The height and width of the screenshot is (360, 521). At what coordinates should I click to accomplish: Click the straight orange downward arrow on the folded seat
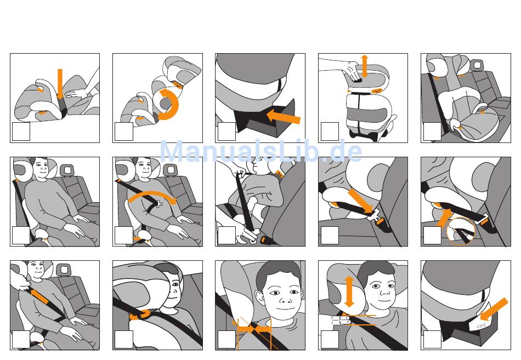tap(60, 84)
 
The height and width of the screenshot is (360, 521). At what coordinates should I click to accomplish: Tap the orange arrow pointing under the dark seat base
tap(284, 116)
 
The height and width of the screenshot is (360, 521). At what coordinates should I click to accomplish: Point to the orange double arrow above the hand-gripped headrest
tap(365, 66)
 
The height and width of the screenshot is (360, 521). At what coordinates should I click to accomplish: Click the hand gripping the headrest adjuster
tap(354, 72)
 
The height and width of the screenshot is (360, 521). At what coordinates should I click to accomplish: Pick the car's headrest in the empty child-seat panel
tap(477, 65)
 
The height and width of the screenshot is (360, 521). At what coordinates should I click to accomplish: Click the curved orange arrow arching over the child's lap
tap(152, 197)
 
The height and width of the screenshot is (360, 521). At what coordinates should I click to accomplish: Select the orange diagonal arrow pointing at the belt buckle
tap(361, 201)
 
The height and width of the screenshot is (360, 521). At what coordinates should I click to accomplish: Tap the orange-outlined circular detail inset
tap(461, 231)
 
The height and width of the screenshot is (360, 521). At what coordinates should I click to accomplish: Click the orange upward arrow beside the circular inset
tap(445, 218)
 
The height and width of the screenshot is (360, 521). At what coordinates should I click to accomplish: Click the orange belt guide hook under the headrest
tap(139, 315)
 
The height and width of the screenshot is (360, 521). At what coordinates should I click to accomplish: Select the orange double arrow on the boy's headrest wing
tap(349, 292)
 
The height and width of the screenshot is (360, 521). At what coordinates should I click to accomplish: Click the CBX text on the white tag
tap(481, 326)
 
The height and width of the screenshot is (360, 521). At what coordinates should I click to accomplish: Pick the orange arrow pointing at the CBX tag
tap(494, 310)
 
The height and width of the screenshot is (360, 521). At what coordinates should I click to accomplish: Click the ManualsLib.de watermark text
tap(260, 151)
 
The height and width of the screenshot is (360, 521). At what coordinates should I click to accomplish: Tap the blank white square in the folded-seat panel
tap(21, 132)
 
